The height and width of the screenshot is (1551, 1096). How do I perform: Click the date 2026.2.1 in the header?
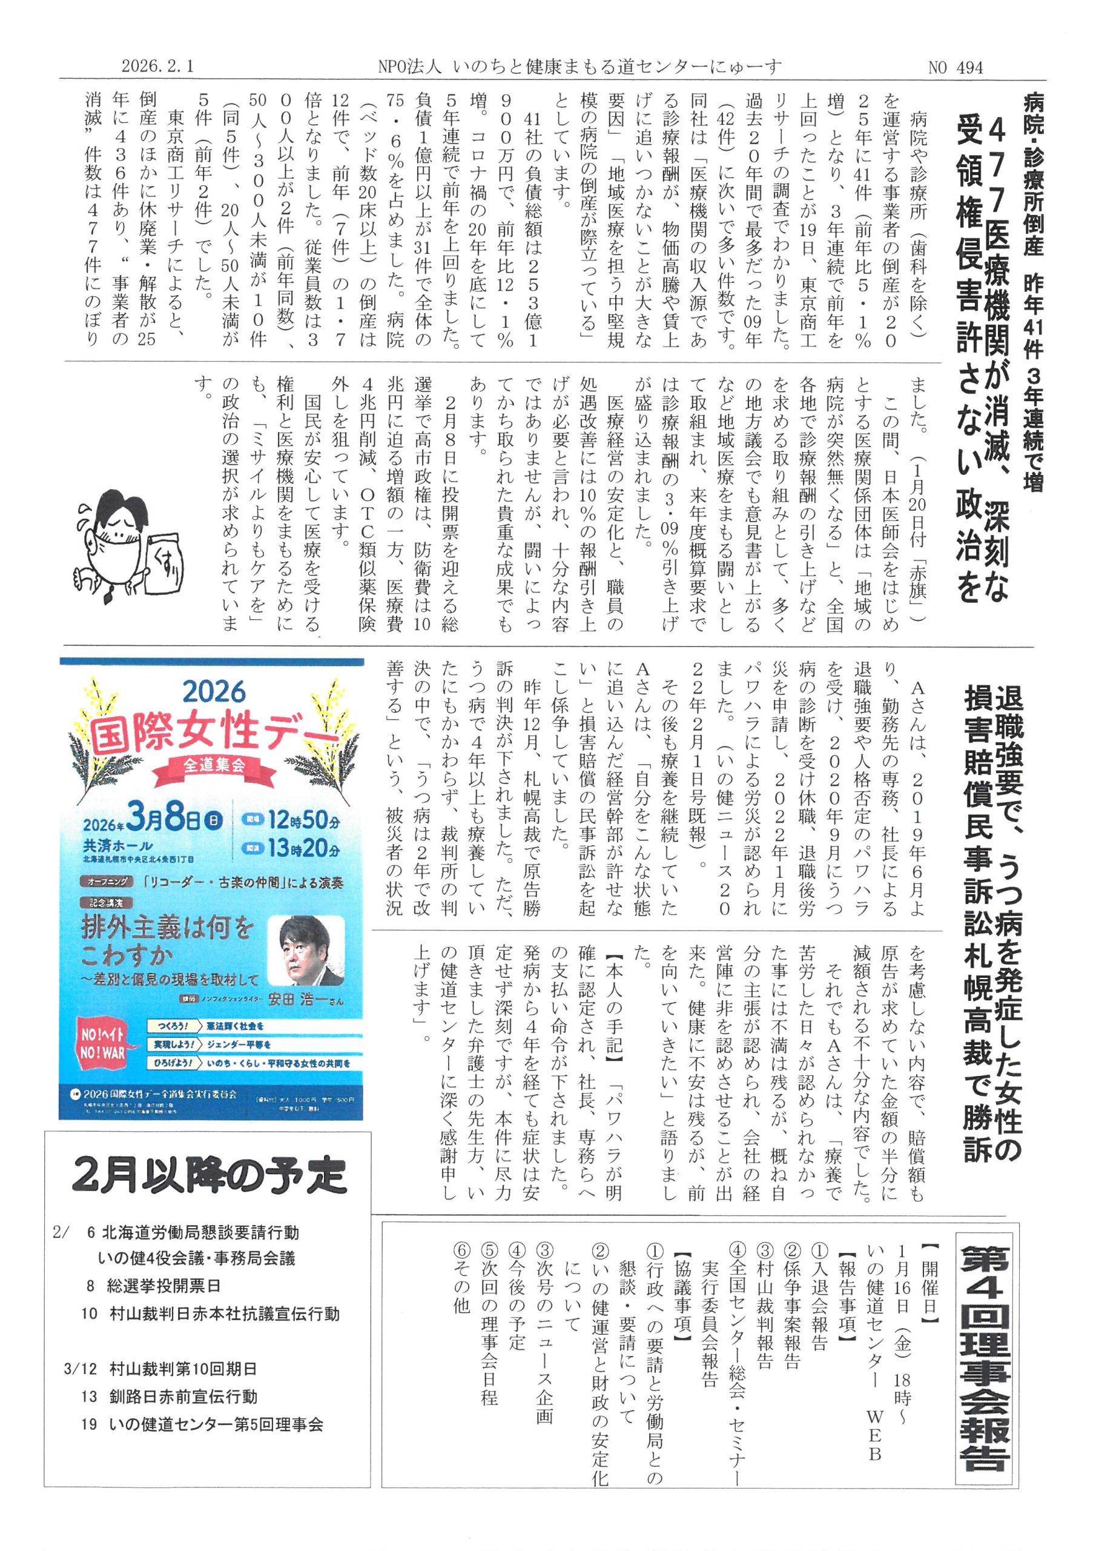pyautogui.click(x=157, y=66)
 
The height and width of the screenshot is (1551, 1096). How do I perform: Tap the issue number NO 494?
pyautogui.click(x=956, y=67)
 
